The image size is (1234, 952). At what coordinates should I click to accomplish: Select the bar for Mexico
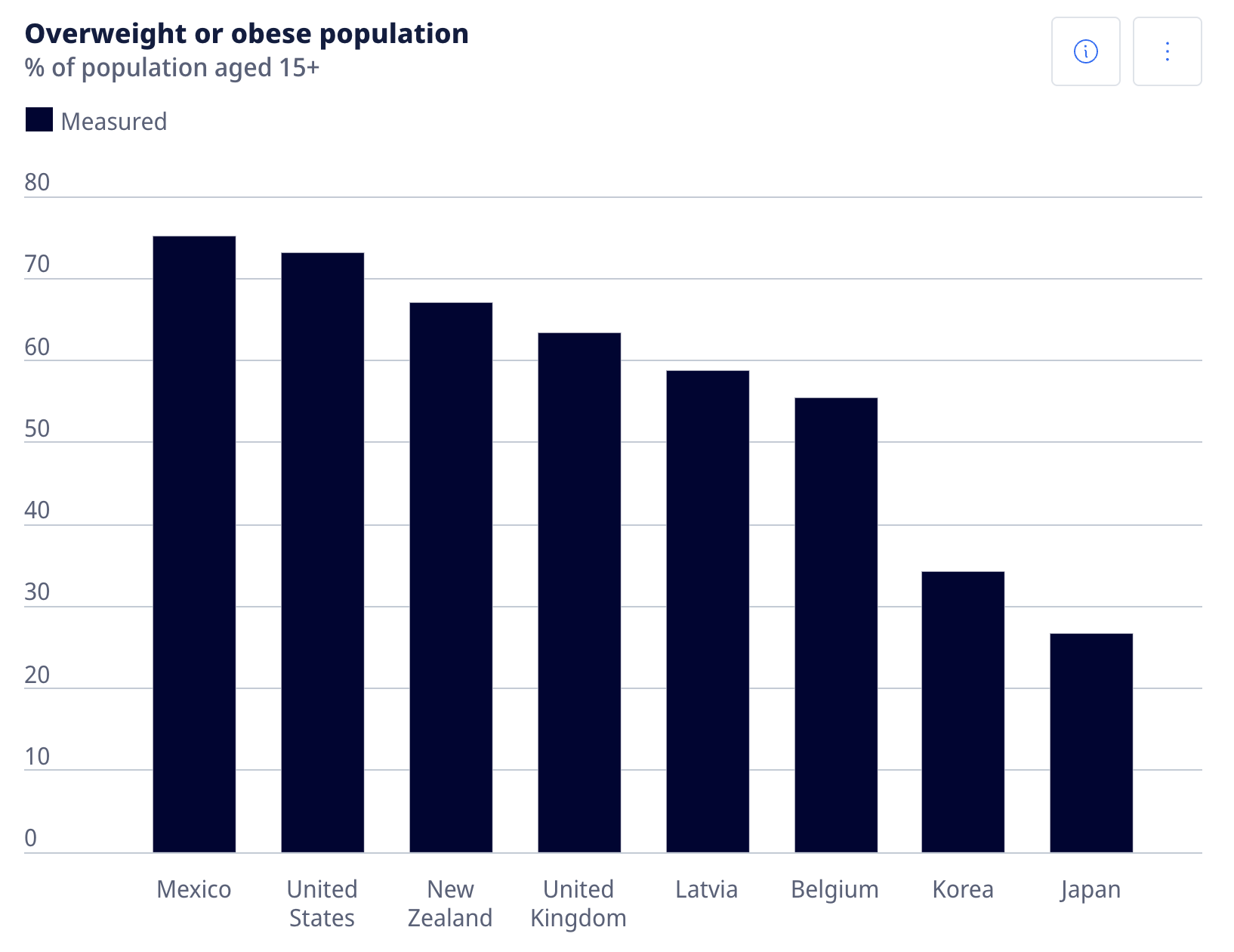(194, 544)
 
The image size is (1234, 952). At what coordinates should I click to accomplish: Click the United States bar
(322, 552)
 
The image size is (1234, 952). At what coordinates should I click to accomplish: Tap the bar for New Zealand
(451, 577)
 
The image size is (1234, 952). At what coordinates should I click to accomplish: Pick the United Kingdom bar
(579, 592)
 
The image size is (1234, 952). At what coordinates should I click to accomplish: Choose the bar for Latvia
(708, 611)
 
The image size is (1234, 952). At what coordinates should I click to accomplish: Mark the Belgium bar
(836, 625)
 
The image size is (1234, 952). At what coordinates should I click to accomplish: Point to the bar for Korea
(963, 712)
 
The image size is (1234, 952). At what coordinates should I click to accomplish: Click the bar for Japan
(1091, 743)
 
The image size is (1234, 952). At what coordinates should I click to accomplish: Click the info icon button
(1085, 51)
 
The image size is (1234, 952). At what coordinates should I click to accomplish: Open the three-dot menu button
(1167, 51)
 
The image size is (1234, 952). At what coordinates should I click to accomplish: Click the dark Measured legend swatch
(39, 120)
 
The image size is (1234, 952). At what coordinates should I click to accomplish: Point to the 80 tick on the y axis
(37, 183)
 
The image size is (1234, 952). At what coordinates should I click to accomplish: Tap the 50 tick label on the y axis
(37, 429)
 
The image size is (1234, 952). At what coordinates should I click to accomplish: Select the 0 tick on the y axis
(31, 838)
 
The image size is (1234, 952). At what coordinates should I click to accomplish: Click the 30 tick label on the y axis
(37, 592)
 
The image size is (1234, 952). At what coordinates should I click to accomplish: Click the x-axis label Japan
(1091, 890)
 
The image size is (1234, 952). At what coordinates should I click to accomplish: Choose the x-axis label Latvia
(706, 889)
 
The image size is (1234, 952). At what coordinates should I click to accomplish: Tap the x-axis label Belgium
(834, 890)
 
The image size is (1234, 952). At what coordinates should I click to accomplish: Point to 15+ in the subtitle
(299, 68)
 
